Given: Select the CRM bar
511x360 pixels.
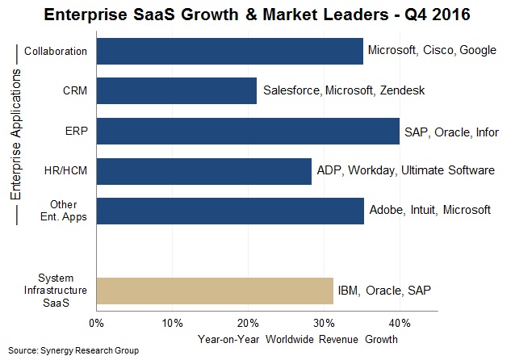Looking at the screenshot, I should [176, 91].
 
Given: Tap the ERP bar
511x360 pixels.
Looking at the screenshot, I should [247, 132].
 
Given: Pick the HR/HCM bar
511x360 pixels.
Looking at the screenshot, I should [203, 171].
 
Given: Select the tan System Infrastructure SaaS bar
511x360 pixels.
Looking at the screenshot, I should [214, 290].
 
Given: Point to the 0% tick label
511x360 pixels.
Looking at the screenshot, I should [96, 324].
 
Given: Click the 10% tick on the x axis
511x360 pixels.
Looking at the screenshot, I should [172, 324].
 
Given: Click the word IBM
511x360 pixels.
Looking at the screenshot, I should [349, 290].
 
